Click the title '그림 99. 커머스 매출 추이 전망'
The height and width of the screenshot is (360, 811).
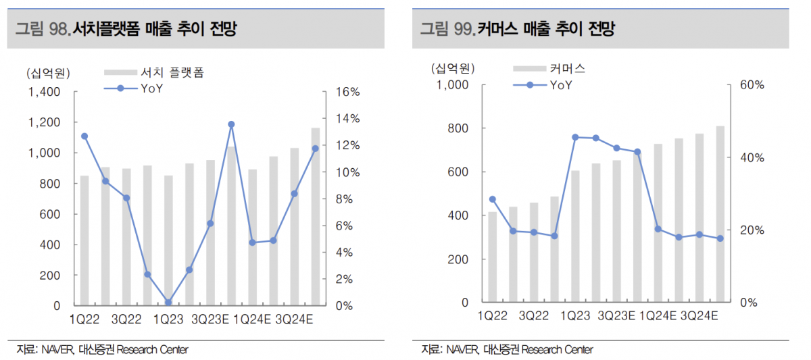517,28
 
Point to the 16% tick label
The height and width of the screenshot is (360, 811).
347,92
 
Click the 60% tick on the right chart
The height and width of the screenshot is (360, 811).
751,85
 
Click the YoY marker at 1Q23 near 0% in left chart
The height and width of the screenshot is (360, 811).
168,303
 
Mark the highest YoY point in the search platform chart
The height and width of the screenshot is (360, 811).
231,124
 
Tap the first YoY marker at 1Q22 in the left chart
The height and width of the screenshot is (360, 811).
84,136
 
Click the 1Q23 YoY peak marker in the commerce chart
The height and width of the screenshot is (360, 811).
575,137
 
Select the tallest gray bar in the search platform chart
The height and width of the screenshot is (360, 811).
316,216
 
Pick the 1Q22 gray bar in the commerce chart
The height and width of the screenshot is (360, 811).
493,257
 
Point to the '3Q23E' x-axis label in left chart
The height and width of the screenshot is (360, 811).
210,319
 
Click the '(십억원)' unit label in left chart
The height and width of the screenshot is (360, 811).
49,73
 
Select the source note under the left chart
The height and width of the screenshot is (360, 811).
102,349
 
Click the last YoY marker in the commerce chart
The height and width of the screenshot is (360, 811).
720,238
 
